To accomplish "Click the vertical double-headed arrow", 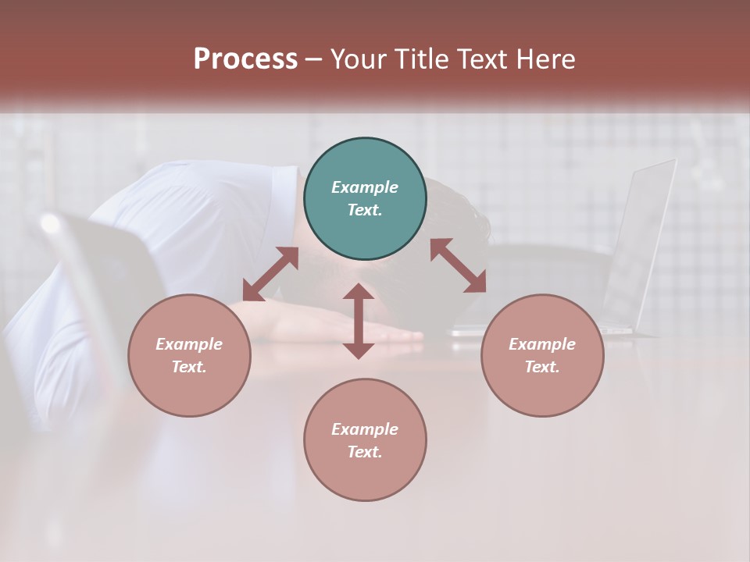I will (x=359, y=321).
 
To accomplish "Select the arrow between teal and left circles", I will (x=271, y=274).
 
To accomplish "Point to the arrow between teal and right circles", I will (x=459, y=265).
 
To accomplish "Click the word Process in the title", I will (x=245, y=59).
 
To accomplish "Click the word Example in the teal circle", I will (x=365, y=187).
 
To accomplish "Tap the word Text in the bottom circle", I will (x=365, y=452).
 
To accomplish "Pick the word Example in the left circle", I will (x=189, y=344).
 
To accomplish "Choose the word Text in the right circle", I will (x=542, y=367).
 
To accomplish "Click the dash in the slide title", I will (x=314, y=59).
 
